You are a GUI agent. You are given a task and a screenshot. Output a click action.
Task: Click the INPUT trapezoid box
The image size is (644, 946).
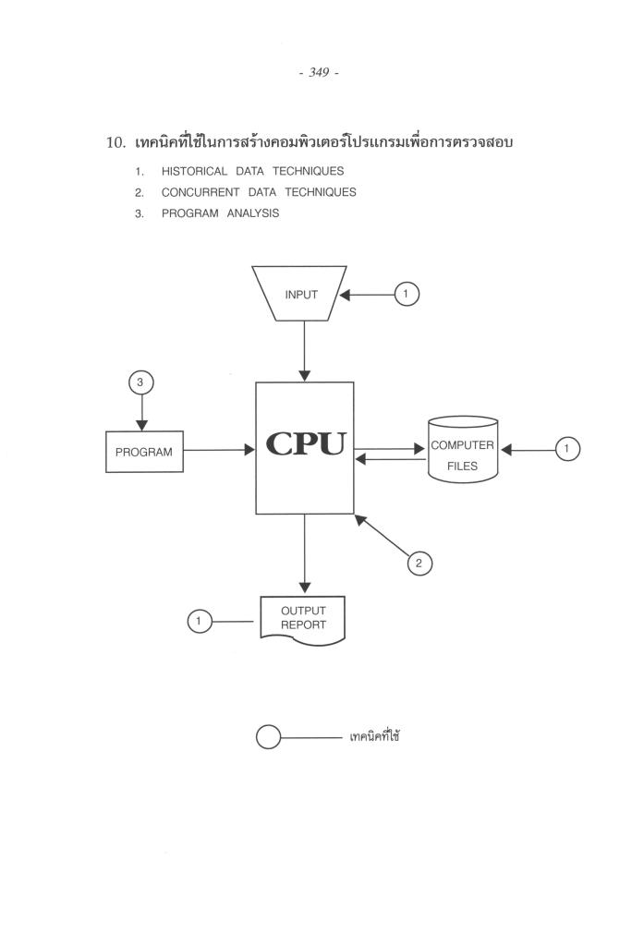point(300,295)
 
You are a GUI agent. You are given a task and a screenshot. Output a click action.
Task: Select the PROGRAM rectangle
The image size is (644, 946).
point(144,452)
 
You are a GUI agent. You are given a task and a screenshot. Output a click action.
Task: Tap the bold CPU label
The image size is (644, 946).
point(305,444)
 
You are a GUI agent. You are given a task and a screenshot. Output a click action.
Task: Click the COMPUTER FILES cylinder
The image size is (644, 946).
point(463,450)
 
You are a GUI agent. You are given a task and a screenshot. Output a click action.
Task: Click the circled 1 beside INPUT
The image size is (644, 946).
point(407,295)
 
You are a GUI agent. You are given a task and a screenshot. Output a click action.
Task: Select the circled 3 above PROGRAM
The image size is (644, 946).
point(141,382)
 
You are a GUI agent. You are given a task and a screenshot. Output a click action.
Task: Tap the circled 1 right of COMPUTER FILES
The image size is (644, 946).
point(567,450)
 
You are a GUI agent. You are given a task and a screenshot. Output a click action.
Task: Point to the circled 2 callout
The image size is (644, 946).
point(419,563)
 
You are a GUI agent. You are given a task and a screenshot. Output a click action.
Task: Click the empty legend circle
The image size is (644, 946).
point(267,738)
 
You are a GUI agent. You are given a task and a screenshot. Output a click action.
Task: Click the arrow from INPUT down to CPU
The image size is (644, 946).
point(305,351)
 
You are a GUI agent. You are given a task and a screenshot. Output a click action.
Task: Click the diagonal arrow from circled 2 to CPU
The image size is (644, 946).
point(382,536)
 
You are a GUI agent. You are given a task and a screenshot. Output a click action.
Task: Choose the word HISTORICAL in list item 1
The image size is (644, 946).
point(194,171)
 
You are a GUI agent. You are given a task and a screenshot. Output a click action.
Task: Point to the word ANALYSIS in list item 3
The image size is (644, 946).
point(252,213)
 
